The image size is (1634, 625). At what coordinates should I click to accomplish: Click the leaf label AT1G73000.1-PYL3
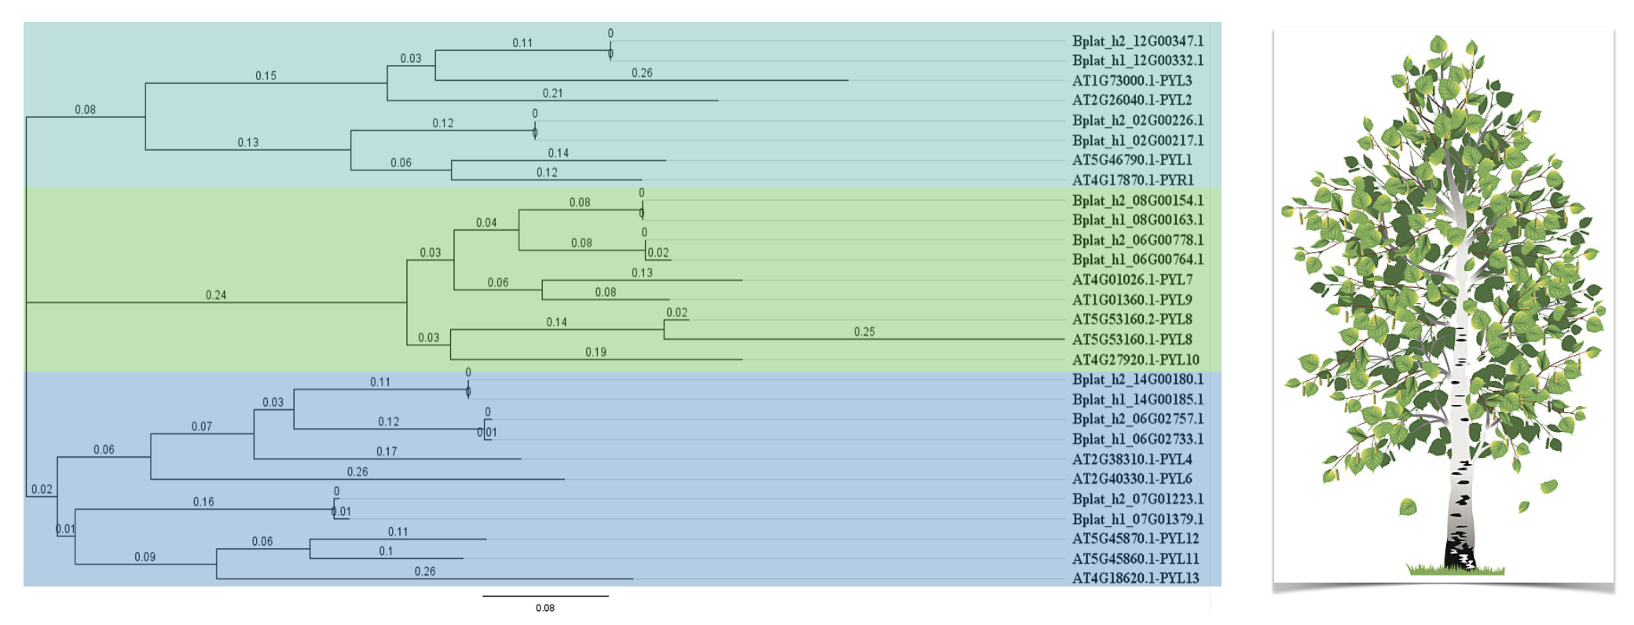click(x=1132, y=80)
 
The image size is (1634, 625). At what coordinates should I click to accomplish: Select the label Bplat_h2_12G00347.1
click(x=1138, y=41)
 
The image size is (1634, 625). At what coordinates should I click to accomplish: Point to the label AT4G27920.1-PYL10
click(x=1135, y=360)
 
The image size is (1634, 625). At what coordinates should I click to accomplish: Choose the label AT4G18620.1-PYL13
click(x=1135, y=579)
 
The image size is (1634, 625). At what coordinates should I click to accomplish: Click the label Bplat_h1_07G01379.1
click(x=1138, y=519)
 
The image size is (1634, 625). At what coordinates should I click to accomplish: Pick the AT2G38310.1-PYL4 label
click(x=1132, y=459)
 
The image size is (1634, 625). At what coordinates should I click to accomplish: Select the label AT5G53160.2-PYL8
click(x=1132, y=320)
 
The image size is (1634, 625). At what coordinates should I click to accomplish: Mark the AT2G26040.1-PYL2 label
click(x=1132, y=100)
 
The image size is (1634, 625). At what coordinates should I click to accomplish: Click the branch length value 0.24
click(x=216, y=295)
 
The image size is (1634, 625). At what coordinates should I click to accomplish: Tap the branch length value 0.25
click(x=864, y=332)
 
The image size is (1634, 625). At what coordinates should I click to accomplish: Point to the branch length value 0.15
click(x=266, y=76)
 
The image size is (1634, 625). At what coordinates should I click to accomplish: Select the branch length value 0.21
click(x=553, y=93)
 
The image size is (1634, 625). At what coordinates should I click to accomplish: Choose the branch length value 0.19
click(x=595, y=353)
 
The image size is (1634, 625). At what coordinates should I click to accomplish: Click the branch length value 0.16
click(x=203, y=502)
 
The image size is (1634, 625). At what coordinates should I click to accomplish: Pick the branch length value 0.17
click(x=387, y=451)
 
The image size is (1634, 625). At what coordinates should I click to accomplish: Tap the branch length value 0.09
click(x=145, y=557)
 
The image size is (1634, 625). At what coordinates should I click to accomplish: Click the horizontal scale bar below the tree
click(x=545, y=596)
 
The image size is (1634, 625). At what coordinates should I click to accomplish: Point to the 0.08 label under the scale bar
click(x=545, y=608)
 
